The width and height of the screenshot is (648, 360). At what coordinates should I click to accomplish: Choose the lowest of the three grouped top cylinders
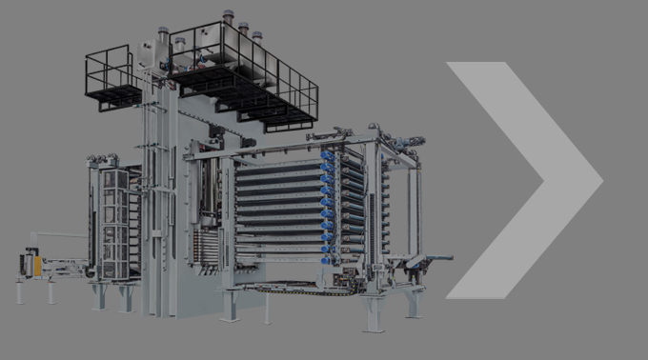[257, 36]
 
